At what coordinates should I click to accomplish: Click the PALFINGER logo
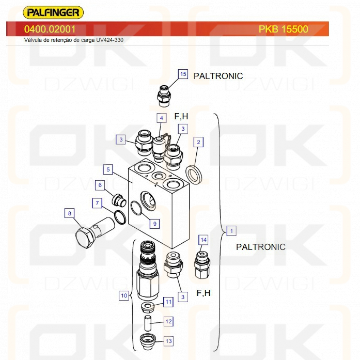[x=54, y=12]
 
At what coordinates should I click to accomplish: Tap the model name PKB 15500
[x=283, y=29]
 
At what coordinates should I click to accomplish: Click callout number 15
[x=183, y=74]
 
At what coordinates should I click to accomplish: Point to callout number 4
[x=162, y=118]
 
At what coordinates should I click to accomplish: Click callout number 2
[x=198, y=142]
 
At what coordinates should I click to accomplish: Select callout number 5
[x=108, y=169]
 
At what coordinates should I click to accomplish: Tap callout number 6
[x=101, y=185]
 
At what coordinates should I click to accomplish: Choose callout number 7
[x=97, y=203]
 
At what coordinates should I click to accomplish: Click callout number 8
[x=69, y=212]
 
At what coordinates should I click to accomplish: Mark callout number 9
[x=155, y=224]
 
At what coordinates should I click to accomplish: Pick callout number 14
[x=204, y=240]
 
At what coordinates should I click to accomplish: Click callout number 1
[x=232, y=230]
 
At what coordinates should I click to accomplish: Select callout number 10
[x=124, y=296]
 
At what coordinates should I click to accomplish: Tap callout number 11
[x=168, y=302]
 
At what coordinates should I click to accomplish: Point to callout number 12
[x=168, y=321]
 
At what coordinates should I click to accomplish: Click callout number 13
[x=168, y=341]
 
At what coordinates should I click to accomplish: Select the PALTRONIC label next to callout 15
[x=218, y=76]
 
